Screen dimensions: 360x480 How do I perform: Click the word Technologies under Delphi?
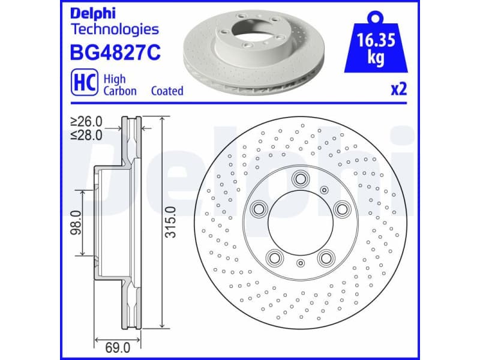(x=115, y=29)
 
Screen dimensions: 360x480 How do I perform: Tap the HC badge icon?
(x=84, y=84)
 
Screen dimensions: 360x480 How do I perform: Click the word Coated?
(x=167, y=91)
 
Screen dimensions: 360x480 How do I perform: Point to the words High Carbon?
(x=120, y=85)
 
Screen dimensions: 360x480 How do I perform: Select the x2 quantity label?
(x=399, y=90)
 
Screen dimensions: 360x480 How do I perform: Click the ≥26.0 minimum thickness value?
(x=86, y=122)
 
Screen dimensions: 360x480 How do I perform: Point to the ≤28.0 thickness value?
(x=86, y=135)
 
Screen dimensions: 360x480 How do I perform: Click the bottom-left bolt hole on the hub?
(x=275, y=257)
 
